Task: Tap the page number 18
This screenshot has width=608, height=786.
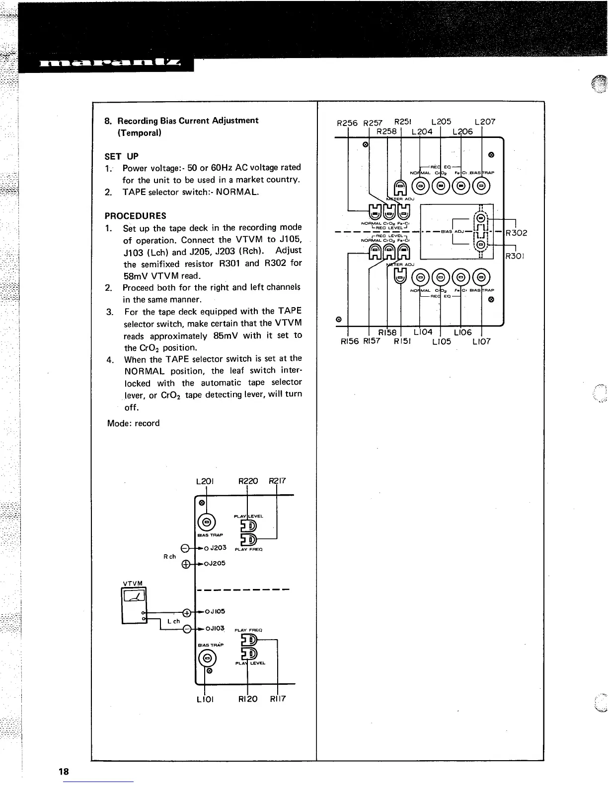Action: tap(64, 772)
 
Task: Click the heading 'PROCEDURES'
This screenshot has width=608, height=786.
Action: tap(136, 216)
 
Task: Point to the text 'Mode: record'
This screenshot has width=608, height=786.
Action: tap(134, 423)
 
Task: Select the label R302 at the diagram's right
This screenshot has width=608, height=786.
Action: tap(516, 233)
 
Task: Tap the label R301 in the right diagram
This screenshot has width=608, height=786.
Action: tap(516, 257)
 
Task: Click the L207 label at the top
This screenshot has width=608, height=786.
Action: tap(485, 122)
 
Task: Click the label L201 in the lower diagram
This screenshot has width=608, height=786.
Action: tap(205, 481)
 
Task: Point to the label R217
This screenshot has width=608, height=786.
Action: tap(277, 481)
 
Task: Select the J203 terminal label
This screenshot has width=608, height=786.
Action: tap(217, 548)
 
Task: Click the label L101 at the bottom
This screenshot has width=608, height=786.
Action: tap(205, 699)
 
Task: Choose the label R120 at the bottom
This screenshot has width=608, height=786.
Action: tap(248, 699)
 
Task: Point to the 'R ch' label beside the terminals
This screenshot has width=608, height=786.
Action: tap(170, 556)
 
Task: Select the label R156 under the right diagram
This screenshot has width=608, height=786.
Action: tap(349, 341)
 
